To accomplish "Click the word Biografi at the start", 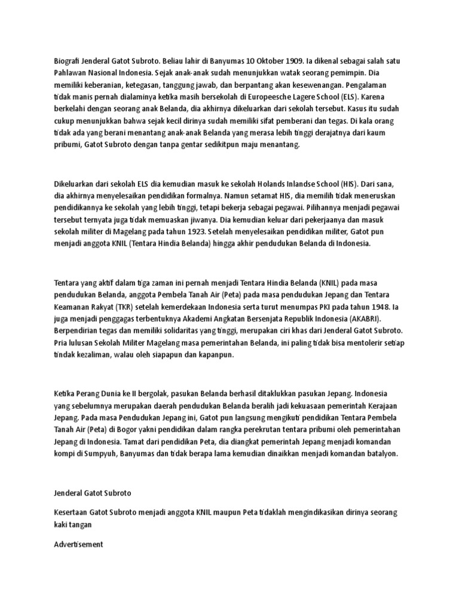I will pyautogui.click(x=68, y=61).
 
